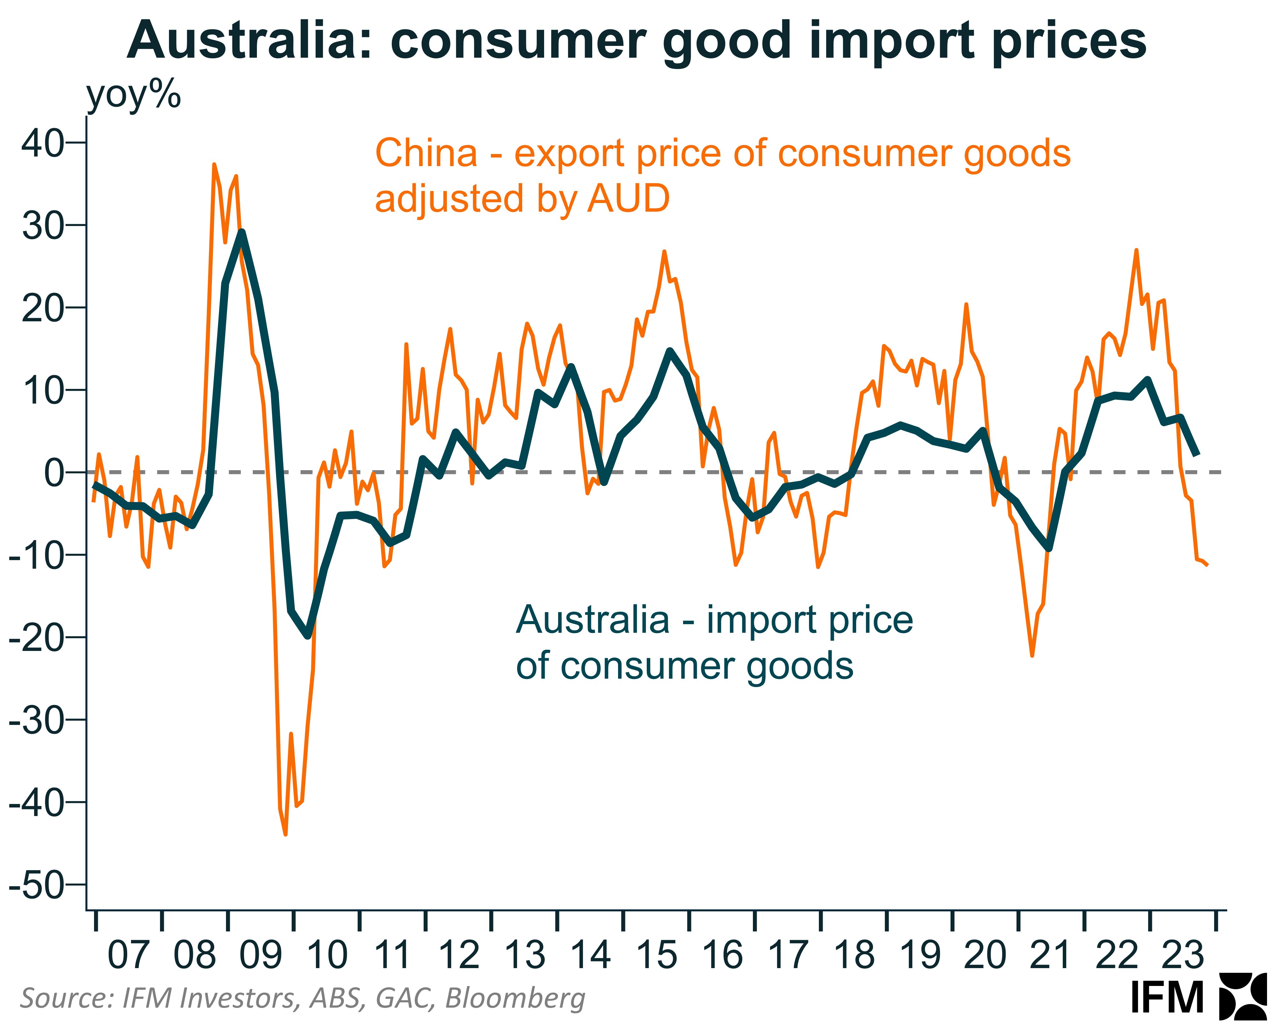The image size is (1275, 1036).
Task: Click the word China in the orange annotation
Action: click(426, 153)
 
